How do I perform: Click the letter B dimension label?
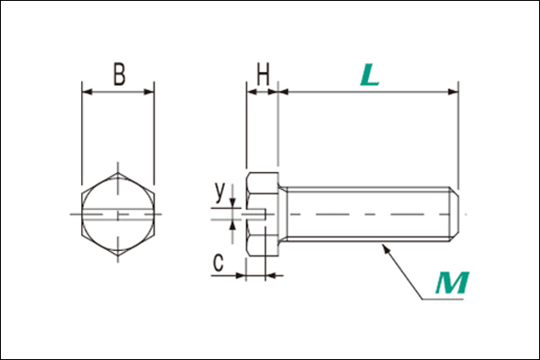120,75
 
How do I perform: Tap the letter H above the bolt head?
263,75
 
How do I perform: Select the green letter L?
370,76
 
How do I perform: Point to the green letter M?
452,283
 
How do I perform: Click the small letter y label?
220,191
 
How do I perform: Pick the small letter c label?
218,262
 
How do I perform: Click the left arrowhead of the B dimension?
87,92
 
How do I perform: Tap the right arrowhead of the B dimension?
148,92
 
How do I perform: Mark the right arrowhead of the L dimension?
453,92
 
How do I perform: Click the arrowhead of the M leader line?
386,248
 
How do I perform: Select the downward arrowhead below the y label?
233,202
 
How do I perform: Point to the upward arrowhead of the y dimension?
233,225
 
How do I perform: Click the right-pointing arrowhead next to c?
240,275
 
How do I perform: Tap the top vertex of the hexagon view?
118,173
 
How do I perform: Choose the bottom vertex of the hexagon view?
118,256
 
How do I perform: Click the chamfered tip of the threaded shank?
454,214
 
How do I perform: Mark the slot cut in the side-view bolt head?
256,214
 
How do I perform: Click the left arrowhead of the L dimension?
283,92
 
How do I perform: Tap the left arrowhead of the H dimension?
252,92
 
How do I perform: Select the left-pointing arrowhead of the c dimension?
272,275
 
